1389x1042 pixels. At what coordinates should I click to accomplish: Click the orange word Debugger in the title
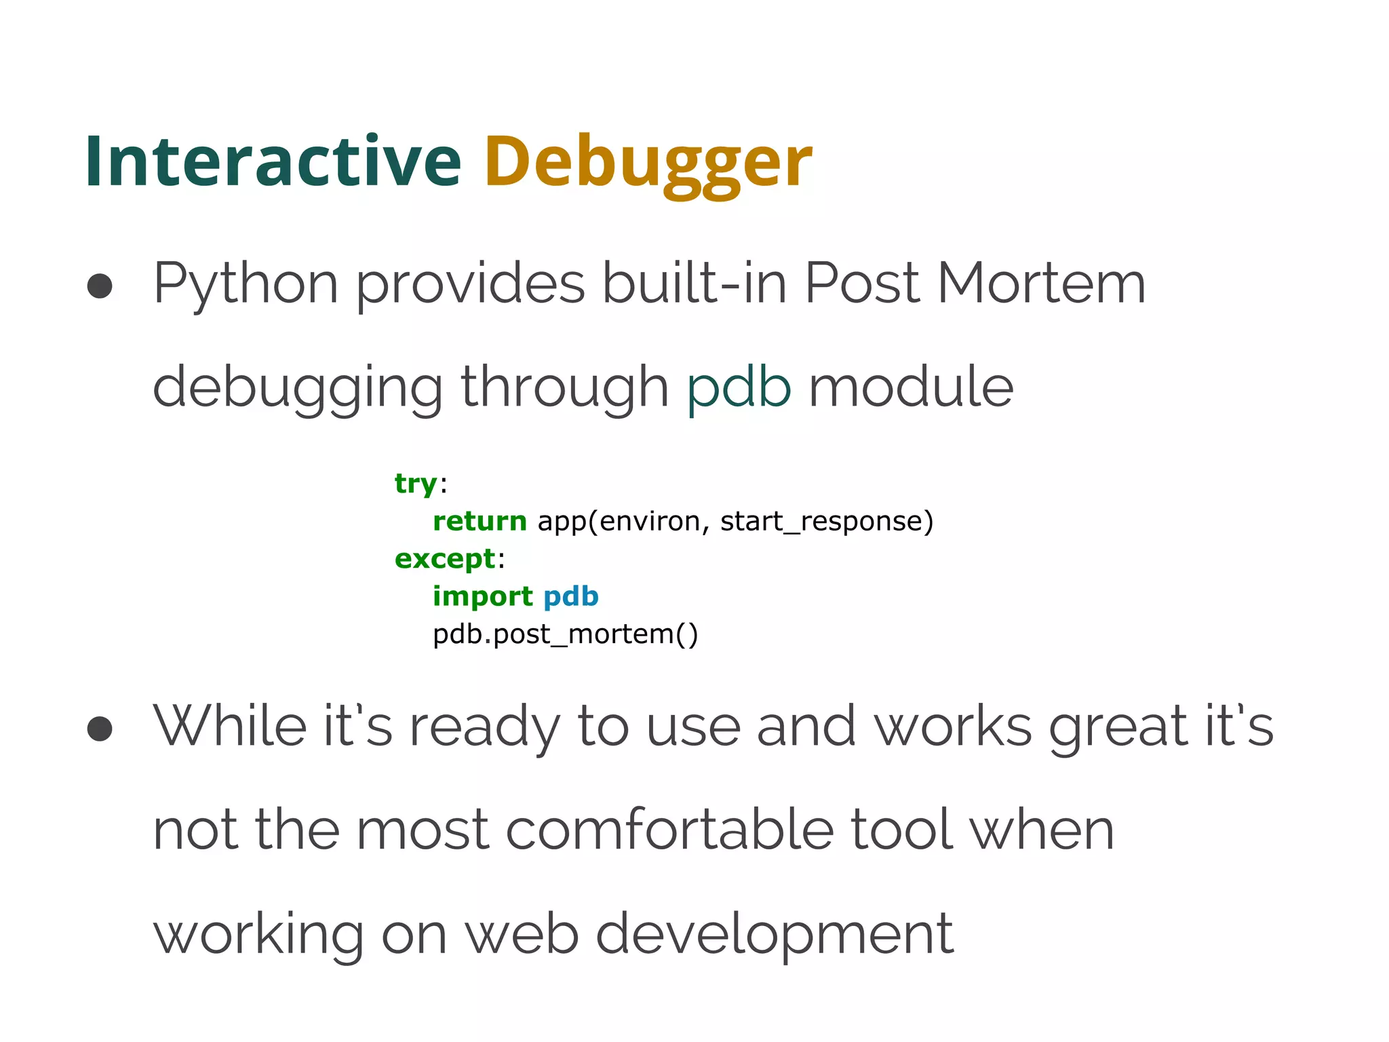(x=648, y=163)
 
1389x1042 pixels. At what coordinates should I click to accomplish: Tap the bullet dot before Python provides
(x=100, y=286)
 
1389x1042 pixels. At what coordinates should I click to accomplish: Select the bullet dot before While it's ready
(x=100, y=729)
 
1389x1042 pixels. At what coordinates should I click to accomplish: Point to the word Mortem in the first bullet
(x=1041, y=284)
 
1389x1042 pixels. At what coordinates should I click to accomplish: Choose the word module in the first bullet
(x=911, y=387)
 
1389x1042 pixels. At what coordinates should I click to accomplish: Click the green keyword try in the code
(x=416, y=484)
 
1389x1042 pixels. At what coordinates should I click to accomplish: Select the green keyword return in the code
(x=480, y=521)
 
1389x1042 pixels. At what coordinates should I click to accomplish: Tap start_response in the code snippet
(x=826, y=522)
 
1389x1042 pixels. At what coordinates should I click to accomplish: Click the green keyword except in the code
(x=445, y=559)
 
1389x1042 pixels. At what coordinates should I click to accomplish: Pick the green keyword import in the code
(x=482, y=596)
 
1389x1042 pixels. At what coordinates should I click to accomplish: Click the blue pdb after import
(x=570, y=596)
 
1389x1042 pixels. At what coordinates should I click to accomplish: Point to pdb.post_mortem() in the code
(x=565, y=634)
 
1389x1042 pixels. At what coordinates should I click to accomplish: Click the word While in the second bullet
(x=230, y=726)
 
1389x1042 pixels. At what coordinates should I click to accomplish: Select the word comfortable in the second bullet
(x=669, y=830)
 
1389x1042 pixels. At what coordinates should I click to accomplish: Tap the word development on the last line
(x=774, y=935)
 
